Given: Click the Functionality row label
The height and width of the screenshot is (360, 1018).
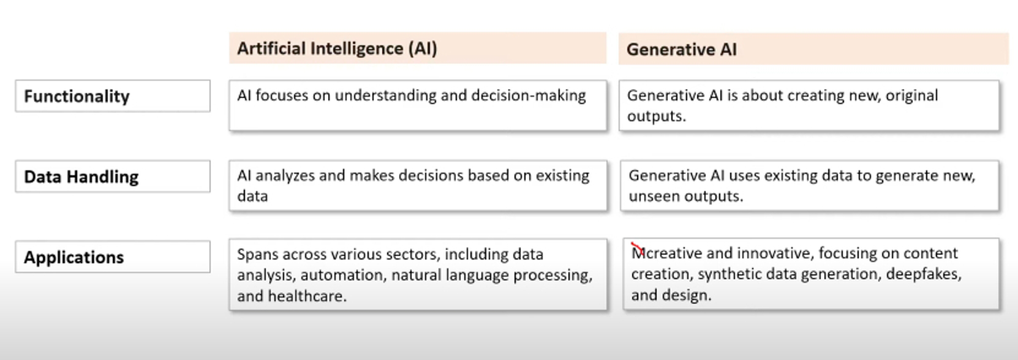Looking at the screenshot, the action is pyautogui.click(x=77, y=96).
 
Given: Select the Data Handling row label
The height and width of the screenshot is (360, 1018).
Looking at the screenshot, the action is pyautogui.click(x=81, y=177).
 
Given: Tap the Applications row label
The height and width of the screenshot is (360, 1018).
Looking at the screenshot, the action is pyautogui.click(x=74, y=257).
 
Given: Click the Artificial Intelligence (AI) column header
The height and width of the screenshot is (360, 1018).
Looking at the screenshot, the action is pyautogui.click(x=337, y=48).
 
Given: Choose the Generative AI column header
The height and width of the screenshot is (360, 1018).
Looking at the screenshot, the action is pyautogui.click(x=681, y=50).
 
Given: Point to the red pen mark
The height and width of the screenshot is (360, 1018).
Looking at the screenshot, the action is pyautogui.click(x=637, y=249).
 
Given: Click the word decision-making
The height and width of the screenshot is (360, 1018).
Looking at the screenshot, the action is pyautogui.click(x=529, y=96).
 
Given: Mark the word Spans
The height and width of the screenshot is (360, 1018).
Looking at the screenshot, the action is pyautogui.click(x=257, y=254).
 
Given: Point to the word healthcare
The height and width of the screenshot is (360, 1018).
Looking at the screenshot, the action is pyautogui.click(x=307, y=296).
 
